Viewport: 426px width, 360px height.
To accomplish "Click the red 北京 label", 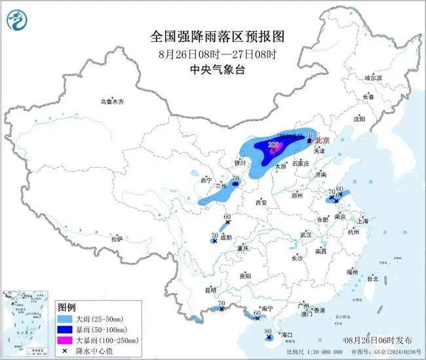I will [x=324, y=140].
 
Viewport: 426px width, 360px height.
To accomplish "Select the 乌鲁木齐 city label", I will [x=111, y=102].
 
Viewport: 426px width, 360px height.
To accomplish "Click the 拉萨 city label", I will [x=117, y=239].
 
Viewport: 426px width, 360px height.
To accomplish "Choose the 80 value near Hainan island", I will [x=268, y=332].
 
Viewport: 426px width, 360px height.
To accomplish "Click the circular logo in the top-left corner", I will [x=15, y=22].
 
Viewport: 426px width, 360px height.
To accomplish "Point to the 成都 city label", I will [x=226, y=238].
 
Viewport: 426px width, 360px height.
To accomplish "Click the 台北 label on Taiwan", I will [x=372, y=279].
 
